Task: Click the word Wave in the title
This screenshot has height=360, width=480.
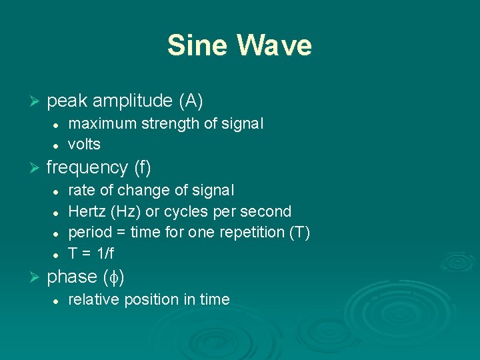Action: click(274, 45)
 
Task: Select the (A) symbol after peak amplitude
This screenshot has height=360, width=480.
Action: click(191, 101)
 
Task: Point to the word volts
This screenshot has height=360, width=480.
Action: click(84, 144)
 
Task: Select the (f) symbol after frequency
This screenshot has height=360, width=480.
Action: click(143, 167)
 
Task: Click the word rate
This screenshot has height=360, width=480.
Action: click(81, 190)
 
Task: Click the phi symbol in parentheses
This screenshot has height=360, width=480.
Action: click(114, 277)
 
